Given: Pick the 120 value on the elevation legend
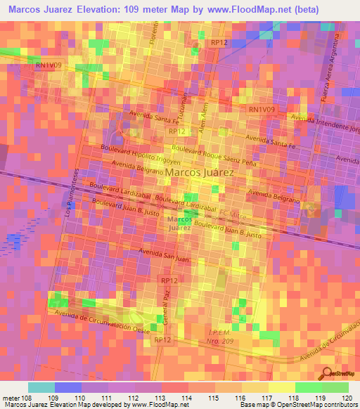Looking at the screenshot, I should click(x=347, y=397).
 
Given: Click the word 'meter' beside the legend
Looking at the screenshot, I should click(x=11, y=397).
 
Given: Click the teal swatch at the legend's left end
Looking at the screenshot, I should click(x=41, y=387).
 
